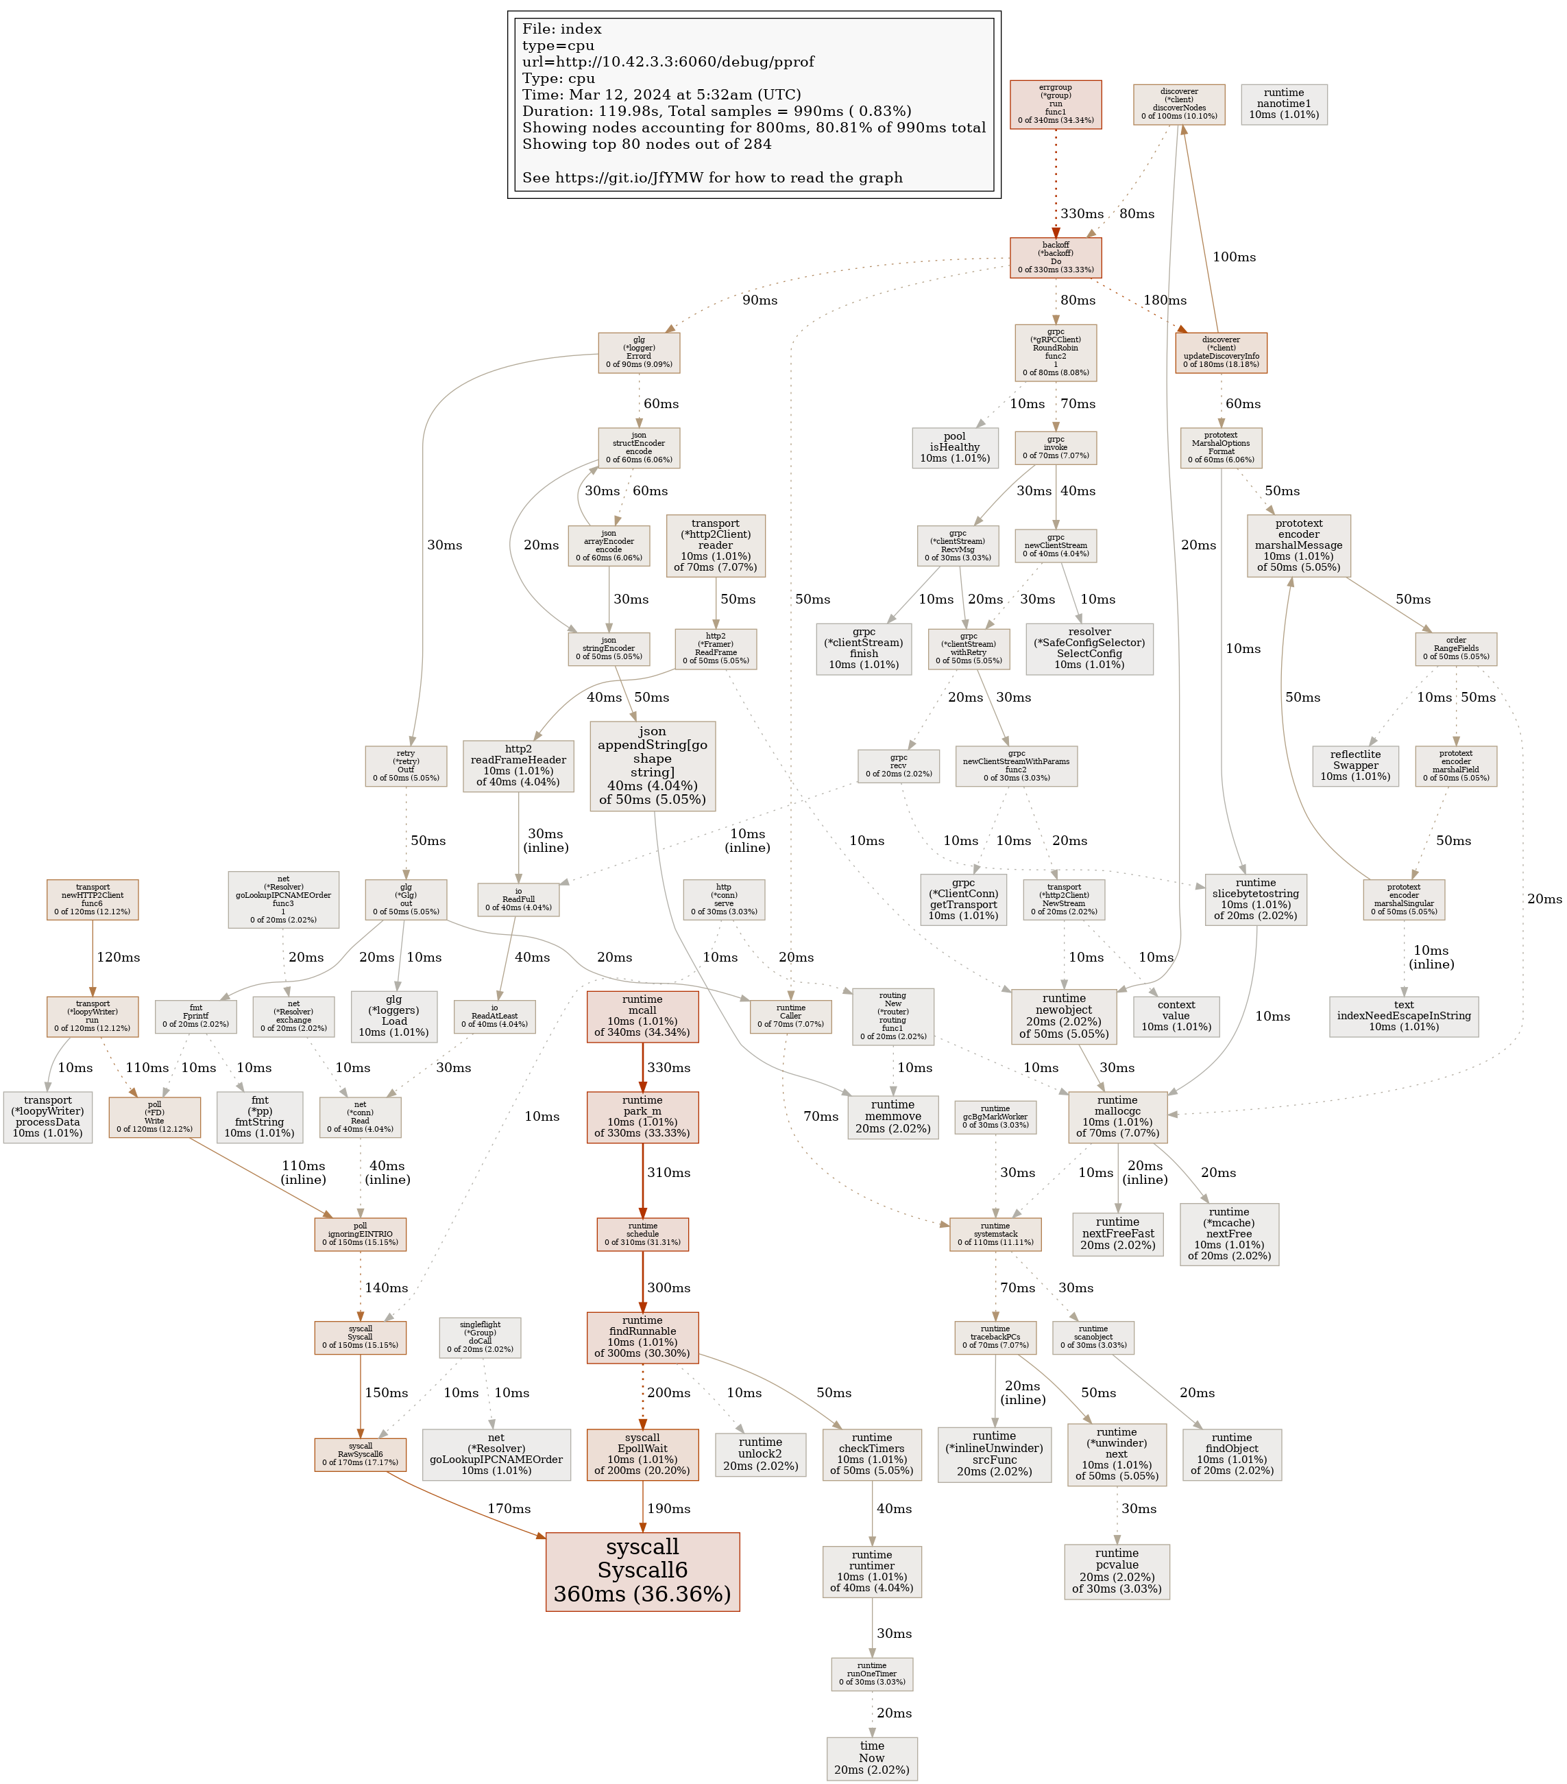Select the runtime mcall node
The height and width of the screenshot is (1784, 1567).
(x=642, y=1016)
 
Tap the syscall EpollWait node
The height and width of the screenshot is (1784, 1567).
(x=642, y=1454)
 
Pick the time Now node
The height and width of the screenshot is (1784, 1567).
(x=872, y=1758)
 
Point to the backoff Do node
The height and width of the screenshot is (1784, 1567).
(x=1056, y=257)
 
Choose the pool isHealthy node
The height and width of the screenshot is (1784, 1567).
(x=954, y=442)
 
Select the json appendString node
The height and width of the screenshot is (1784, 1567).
(x=653, y=765)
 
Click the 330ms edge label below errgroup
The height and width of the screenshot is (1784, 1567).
(x=1082, y=214)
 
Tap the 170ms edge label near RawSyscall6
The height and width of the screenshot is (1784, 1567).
(x=509, y=1508)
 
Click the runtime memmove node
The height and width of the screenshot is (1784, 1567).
(x=892, y=1117)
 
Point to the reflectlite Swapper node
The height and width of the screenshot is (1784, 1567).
(x=1355, y=765)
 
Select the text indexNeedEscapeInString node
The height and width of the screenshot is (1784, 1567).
(x=1403, y=1016)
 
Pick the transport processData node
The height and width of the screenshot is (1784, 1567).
(x=48, y=1117)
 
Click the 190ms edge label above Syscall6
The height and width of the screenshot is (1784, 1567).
(x=668, y=1508)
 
